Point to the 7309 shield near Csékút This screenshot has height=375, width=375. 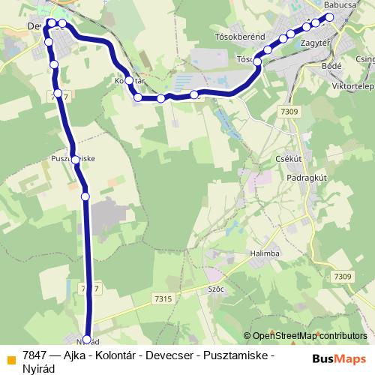tap(285, 112)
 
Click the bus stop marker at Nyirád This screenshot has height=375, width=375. tap(87, 338)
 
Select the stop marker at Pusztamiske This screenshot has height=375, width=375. tap(76, 159)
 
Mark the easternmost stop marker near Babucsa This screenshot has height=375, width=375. tap(328, 17)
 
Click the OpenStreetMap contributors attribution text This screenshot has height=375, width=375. tap(309, 337)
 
